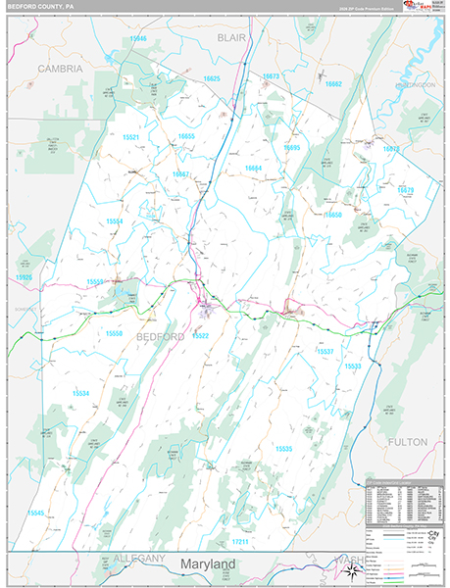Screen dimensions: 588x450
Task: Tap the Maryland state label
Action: tap(207, 565)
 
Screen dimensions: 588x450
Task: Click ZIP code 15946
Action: tap(137, 39)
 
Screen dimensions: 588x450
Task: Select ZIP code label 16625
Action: tap(212, 78)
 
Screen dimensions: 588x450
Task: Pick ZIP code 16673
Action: tap(271, 75)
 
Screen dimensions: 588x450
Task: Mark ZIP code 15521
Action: tap(131, 137)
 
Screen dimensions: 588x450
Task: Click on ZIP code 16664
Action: tap(253, 169)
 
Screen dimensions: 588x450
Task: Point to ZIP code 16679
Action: tap(406, 189)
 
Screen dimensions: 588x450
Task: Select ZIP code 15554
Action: tap(115, 221)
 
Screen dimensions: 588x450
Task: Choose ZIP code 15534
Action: tap(80, 393)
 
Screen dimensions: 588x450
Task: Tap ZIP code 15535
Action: tap(283, 448)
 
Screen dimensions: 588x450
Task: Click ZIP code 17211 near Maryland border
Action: tap(241, 541)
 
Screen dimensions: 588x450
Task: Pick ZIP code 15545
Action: tap(36, 513)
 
